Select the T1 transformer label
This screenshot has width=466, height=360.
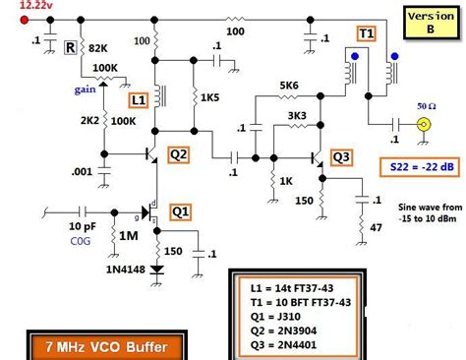click(365, 33)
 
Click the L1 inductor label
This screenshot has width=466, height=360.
click(139, 100)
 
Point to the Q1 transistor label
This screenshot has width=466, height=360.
click(182, 210)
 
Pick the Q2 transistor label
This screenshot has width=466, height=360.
click(178, 153)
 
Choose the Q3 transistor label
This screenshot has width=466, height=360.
click(340, 156)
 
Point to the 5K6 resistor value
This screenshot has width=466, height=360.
click(287, 86)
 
